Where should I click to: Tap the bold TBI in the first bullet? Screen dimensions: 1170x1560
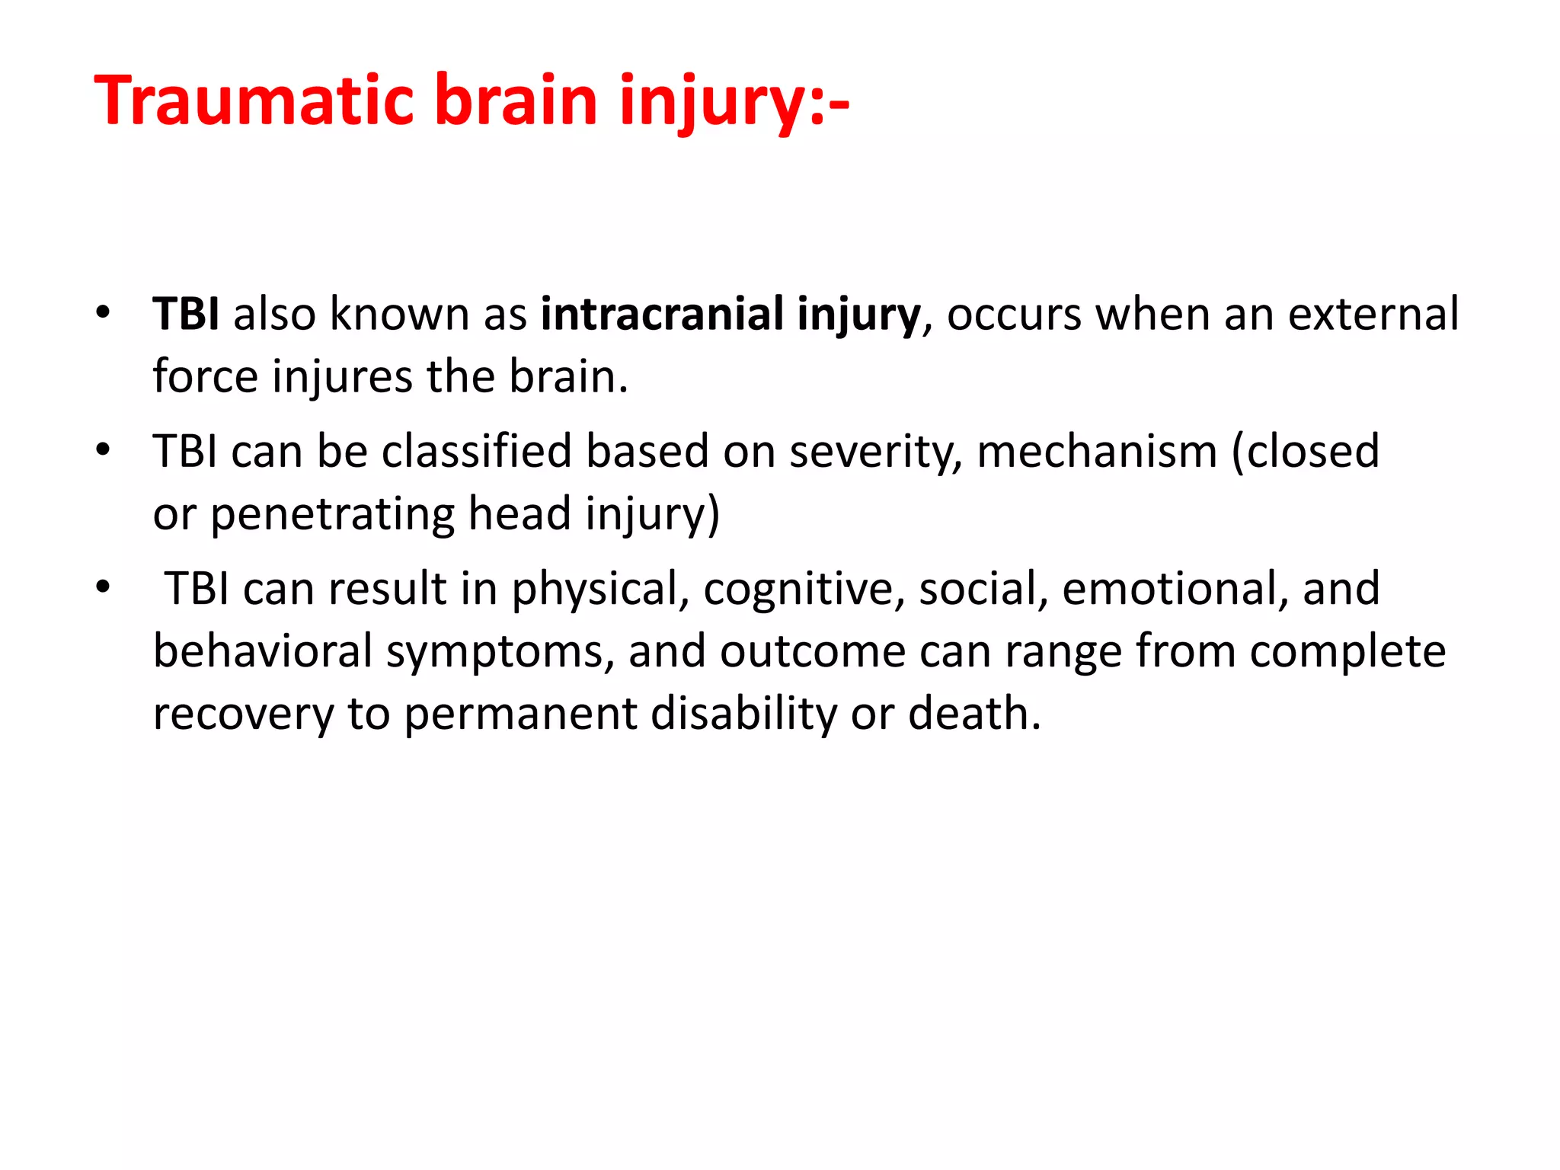pos(187,314)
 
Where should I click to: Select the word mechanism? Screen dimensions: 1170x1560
pos(1097,451)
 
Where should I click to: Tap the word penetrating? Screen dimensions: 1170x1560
pos(332,515)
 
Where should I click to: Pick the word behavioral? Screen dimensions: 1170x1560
pos(262,652)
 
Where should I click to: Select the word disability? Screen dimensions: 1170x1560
pos(744,714)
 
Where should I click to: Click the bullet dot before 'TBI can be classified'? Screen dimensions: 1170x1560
pos(104,449)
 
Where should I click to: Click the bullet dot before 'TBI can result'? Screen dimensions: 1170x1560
pos(104,587)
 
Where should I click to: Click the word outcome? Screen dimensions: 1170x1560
pos(813,652)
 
